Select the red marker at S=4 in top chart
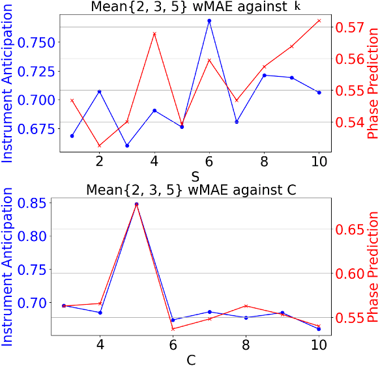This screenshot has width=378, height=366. [x=154, y=33]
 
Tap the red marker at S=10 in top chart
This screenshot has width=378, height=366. [x=319, y=20]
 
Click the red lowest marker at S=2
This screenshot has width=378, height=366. [x=99, y=145]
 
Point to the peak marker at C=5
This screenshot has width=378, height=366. [x=136, y=204]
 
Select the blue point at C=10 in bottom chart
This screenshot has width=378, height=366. [x=319, y=329]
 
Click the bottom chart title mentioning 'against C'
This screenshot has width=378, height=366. [x=192, y=190]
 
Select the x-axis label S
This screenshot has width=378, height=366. [x=195, y=176]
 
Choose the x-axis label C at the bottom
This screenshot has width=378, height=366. [x=191, y=359]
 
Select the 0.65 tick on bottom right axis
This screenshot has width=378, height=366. [x=351, y=229]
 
